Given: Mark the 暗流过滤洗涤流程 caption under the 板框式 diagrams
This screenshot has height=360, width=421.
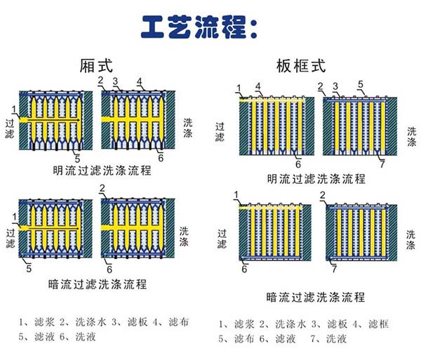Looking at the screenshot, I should [316, 297].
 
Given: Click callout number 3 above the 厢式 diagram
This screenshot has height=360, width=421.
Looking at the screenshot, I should [116, 81].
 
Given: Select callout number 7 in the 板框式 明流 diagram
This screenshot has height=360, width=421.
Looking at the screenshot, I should [382, 164].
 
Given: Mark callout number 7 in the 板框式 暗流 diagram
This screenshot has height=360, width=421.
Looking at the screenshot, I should [334, 269].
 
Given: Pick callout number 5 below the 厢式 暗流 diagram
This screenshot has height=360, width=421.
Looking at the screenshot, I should [29, 267].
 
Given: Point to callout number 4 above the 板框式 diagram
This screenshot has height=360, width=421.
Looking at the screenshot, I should [259, 86].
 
